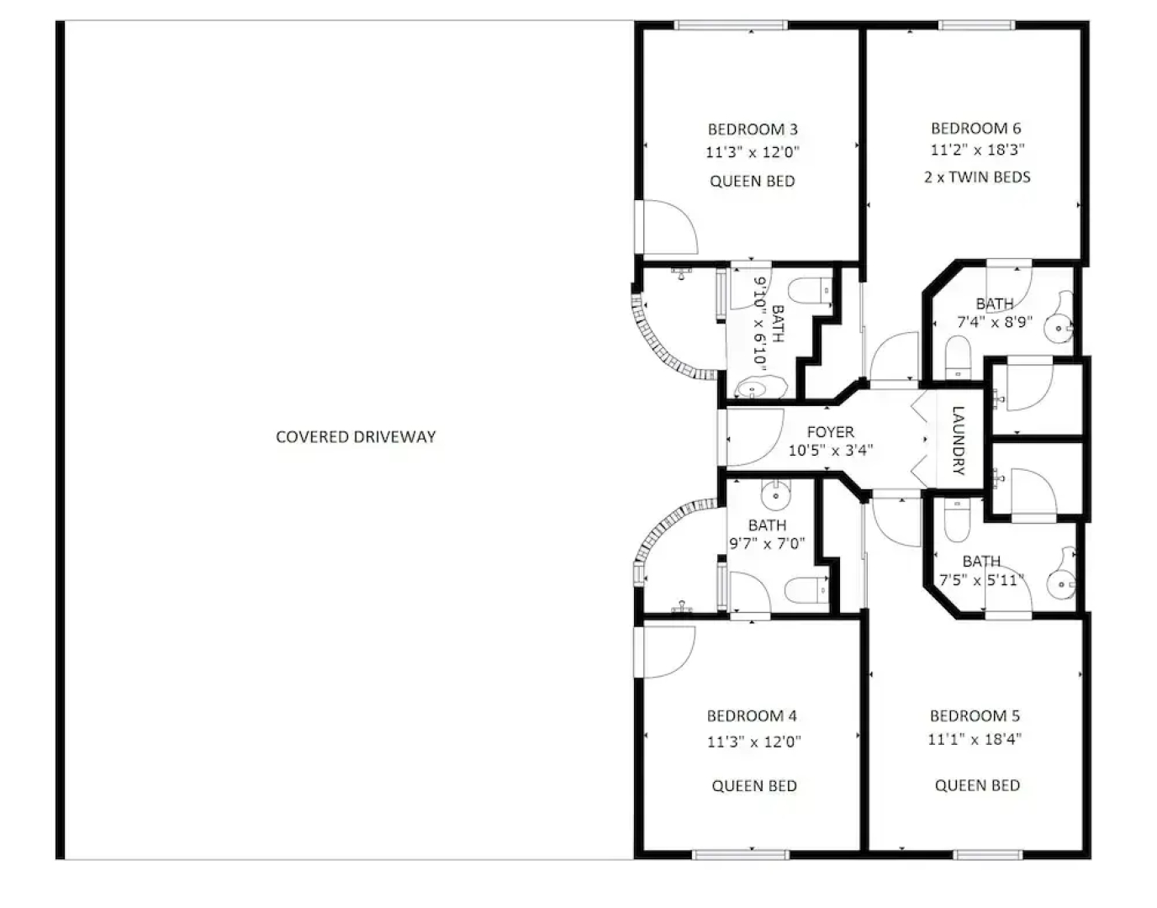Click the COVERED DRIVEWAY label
pos(356,437)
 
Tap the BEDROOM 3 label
pos(753,129)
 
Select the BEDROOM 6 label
pos(976,129)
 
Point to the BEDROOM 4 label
pos(752,715)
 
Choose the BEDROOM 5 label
pos(975,715)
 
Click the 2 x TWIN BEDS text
pos(977,177)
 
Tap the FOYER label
pos(830,431)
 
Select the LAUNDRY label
pos(958,441)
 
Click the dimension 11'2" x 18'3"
pos(978,150)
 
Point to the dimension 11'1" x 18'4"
pos(975,739)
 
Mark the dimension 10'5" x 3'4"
pos(831,451)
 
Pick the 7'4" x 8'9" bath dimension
pos(995,322)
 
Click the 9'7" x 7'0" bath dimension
pos(767,543)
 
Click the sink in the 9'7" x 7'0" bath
pos(776,494)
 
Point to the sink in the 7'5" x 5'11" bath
pos(1061,581)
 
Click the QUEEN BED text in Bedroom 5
pos(977,785)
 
